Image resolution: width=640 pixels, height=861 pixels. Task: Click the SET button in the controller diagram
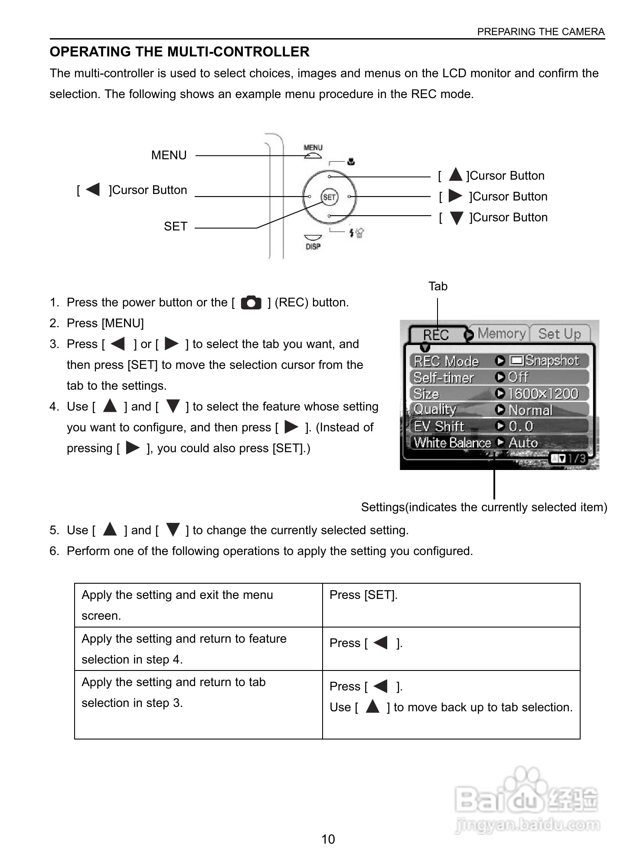329,197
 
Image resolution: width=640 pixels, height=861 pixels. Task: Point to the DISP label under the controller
313,246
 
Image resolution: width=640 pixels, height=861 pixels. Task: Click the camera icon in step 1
251,302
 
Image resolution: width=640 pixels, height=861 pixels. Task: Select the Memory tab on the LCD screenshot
502,334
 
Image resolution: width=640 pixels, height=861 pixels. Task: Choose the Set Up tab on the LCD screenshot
559,334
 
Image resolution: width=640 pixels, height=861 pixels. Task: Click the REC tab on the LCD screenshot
436,335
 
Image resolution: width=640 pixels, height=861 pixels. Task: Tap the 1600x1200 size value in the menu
543,394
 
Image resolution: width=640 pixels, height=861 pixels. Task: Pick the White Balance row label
452,443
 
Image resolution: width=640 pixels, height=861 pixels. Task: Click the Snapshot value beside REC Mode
552,361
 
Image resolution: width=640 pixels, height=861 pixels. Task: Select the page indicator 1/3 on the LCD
576,458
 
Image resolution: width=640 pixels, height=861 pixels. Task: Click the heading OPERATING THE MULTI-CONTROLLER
180,52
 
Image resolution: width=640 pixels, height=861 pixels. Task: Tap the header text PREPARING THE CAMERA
541,32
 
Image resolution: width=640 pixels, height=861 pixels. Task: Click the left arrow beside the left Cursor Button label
93,190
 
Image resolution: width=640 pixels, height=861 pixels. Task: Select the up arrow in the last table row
372,707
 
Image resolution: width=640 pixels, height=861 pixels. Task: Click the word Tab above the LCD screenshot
438,286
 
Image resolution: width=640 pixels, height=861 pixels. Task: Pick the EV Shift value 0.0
520,426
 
